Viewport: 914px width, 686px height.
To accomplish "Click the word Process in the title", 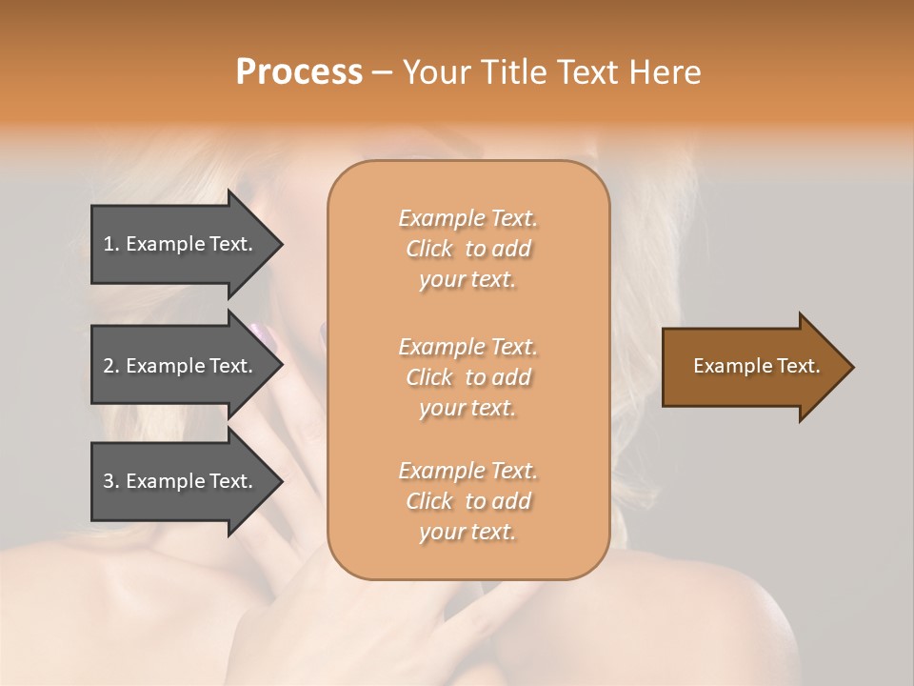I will click(x=299, y=72).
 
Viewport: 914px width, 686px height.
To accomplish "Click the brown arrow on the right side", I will click(x=752, y=366).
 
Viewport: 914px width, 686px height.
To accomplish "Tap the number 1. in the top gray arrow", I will click(x=111, y=244).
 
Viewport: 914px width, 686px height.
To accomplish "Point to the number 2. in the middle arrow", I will click(x=111, y=366).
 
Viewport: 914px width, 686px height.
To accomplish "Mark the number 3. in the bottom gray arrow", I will click(x=111, y=481).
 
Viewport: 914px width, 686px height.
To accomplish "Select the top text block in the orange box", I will click(x=467, y=249).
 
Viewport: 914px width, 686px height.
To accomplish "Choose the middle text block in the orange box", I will click(x=467, y=377).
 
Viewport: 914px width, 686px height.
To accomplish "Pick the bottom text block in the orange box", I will click(x=467, y=501).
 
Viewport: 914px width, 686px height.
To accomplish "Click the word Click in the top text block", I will click(x=429, y=249).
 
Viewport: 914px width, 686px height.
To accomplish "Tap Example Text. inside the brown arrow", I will click(x=756, y=366).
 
